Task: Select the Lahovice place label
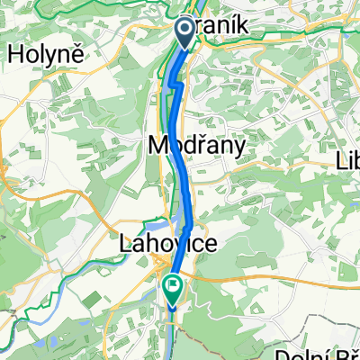point(154,245)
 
